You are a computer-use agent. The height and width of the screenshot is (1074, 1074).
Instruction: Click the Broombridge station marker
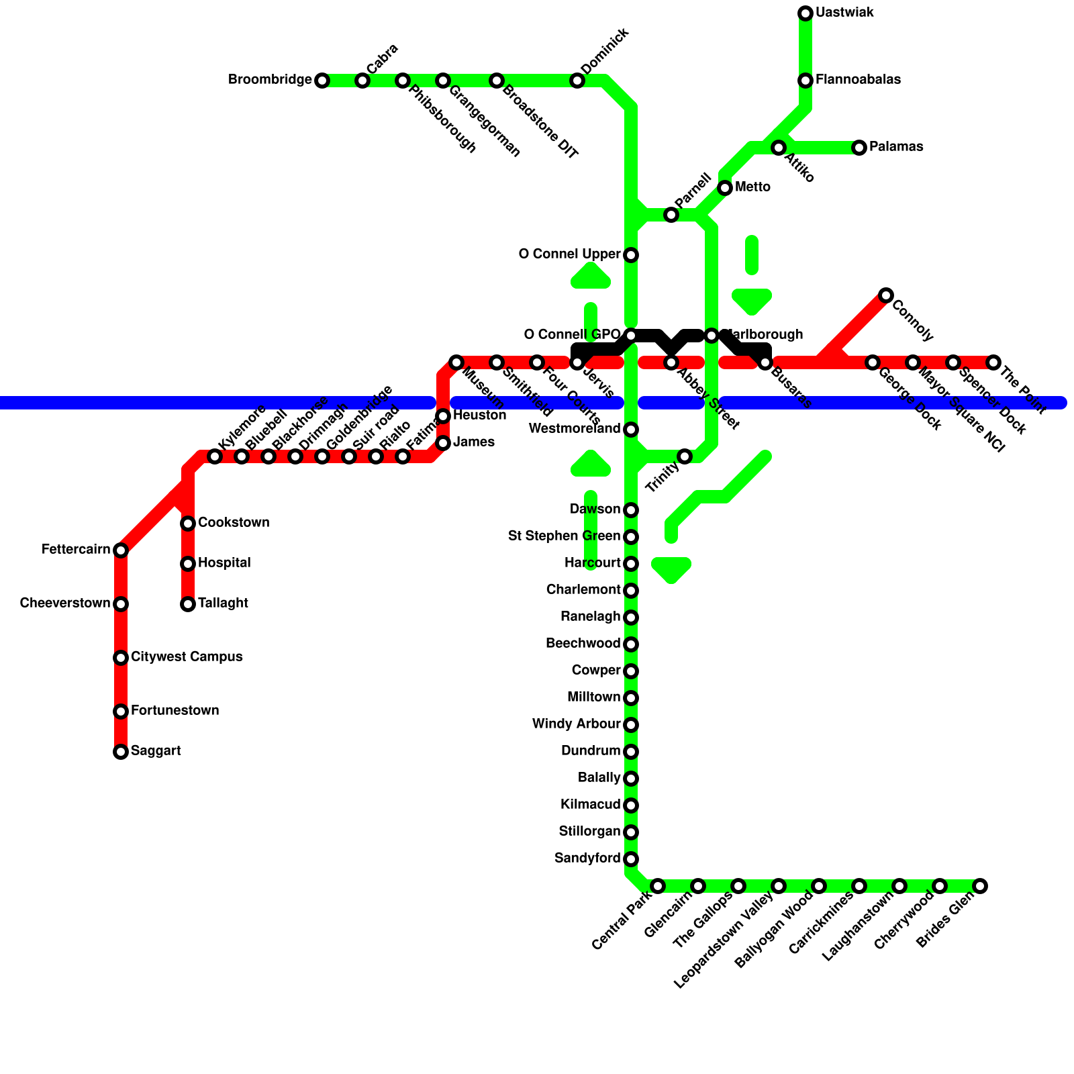322,81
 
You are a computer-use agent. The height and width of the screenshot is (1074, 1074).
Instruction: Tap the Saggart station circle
121,752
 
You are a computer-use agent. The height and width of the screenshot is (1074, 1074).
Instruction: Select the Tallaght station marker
188,604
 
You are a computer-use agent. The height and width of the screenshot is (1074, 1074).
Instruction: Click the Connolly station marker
886,295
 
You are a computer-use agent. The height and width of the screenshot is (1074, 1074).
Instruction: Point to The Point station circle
993,362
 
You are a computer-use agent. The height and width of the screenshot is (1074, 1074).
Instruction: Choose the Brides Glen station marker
980,886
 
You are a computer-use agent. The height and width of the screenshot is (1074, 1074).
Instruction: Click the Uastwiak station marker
805,13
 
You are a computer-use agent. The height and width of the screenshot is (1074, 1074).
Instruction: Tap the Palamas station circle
859,148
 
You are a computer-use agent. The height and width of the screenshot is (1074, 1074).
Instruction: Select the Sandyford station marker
631,859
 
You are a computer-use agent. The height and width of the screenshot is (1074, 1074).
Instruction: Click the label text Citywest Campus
187,656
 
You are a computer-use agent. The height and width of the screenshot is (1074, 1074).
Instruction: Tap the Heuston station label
479,416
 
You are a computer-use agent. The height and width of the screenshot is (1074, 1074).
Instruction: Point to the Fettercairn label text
76,550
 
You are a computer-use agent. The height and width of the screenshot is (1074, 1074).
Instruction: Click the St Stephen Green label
564,536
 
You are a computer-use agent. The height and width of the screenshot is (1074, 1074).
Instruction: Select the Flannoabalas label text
858,80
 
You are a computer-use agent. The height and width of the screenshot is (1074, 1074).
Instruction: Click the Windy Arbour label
576,724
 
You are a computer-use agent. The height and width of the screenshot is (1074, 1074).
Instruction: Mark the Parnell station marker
671,215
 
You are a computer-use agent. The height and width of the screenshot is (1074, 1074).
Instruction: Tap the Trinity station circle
685,456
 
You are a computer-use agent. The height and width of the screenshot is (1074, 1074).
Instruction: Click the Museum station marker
456,362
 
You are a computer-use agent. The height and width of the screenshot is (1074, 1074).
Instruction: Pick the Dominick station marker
577,81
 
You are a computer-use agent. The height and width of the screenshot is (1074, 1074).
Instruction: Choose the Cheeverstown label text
65,603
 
